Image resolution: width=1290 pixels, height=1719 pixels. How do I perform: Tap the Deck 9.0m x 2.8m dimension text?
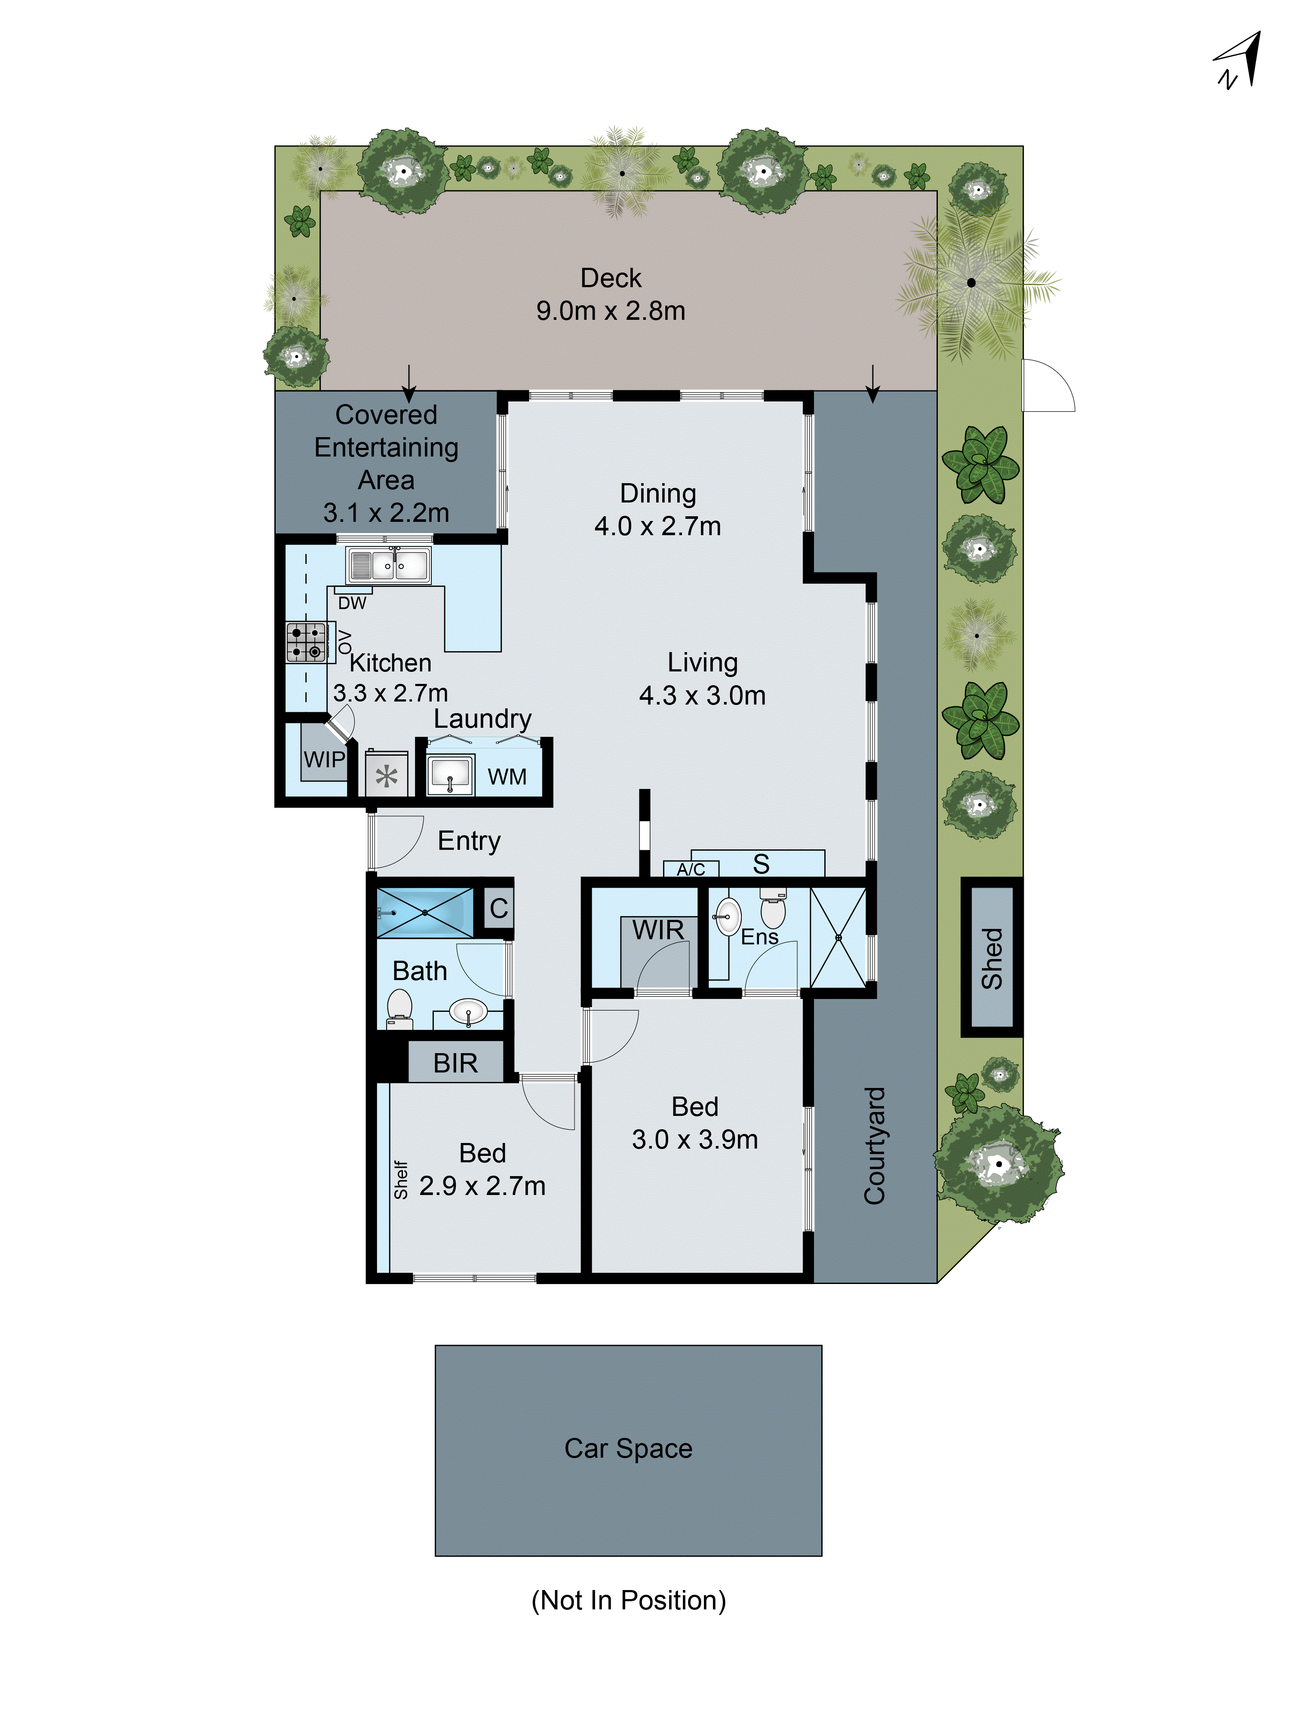(611, 311)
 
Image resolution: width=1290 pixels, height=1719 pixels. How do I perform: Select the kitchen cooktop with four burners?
(306, 642)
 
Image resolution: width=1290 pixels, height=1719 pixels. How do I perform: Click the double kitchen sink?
(388, 565)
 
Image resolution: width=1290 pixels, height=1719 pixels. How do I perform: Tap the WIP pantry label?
(323, 759)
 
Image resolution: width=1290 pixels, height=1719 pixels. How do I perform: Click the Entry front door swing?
(396, 842)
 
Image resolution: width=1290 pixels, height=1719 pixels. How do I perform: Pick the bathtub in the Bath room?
(424, 912)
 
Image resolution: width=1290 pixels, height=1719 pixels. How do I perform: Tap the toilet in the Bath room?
(399, 1008)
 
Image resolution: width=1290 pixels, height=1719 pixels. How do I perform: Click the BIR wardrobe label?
(455, 1062)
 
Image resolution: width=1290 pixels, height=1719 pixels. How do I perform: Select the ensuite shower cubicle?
(838, 938)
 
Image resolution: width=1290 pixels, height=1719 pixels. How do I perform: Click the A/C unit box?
(691, 869)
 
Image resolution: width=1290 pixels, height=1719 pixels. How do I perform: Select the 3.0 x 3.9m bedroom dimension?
(694, 1139)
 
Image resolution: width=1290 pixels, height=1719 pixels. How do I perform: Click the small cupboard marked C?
(498, 908)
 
